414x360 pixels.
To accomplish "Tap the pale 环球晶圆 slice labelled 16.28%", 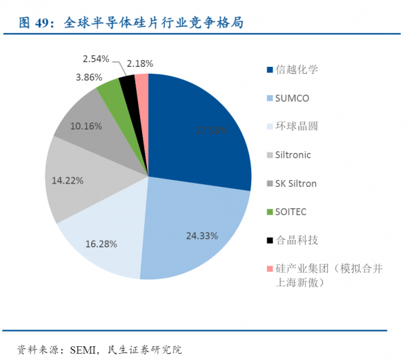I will tap(103, 238).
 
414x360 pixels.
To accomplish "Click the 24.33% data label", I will tap(202, 235).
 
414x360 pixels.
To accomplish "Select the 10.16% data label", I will tap(87, 126).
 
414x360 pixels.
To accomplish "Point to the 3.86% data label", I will tap(89, 77).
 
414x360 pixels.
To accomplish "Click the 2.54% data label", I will tap(96, 59).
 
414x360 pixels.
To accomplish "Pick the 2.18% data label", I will tap(141, 61).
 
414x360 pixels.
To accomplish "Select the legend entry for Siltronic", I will tap(293, 154).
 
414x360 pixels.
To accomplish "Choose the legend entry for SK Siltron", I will tap(296, 183).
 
